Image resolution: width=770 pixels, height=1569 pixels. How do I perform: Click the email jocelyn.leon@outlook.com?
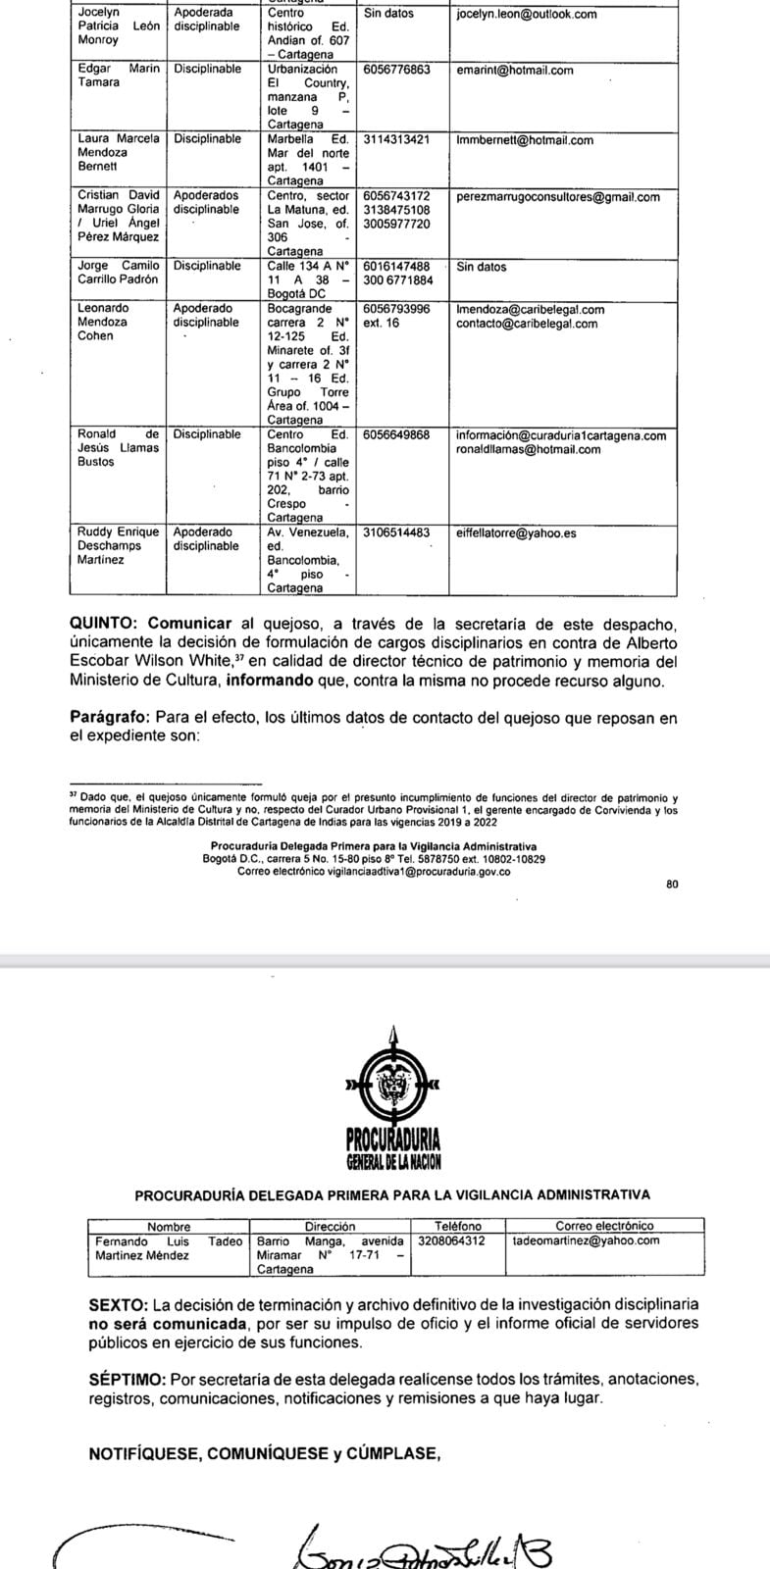point(527,15)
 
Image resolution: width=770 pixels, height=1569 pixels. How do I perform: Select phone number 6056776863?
point(396,71)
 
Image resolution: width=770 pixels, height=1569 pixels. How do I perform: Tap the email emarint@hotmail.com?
point(515,71)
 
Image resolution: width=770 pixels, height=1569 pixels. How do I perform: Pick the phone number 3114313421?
point(396,140)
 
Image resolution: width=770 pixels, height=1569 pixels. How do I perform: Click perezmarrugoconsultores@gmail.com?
point(558,197)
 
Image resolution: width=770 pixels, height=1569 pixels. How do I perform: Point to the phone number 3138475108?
point(396,211)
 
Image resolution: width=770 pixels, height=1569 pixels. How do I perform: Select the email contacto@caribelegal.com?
point(527,324)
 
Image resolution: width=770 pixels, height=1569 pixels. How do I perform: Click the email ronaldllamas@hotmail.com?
point(529,450)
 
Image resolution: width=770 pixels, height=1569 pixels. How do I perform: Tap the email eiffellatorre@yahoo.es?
point(517,533)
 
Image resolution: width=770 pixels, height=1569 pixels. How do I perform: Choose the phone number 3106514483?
point(396,533)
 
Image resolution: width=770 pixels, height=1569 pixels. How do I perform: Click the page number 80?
point(671,884)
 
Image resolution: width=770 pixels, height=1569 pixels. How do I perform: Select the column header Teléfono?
point(458,1226)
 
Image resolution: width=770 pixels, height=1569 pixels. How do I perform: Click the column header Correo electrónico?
point(604,1226)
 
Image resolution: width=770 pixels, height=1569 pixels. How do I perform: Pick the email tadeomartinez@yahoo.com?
point(587,1240)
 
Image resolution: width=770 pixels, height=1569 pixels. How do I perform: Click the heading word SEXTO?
point(118,1304)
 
